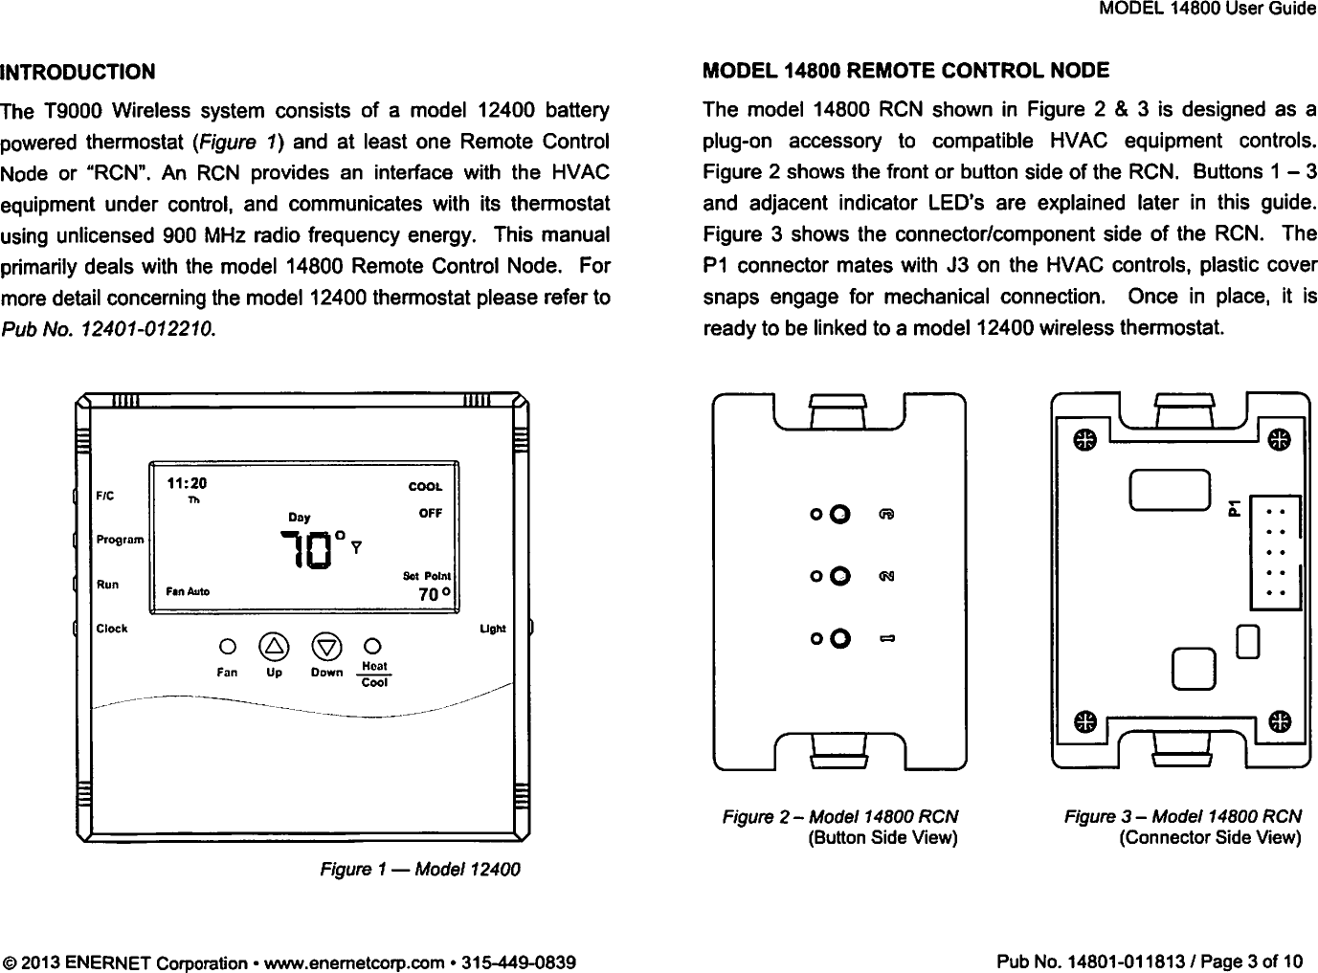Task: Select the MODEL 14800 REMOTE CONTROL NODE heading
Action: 906,71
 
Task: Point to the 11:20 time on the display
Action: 188,483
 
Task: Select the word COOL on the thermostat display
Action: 425,487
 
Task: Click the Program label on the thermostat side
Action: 120,540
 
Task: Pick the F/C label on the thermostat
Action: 104,496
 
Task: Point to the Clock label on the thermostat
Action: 112,629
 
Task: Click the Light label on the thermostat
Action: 492,629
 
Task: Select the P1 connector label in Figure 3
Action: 1235,506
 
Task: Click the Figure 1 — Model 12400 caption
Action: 420,870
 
